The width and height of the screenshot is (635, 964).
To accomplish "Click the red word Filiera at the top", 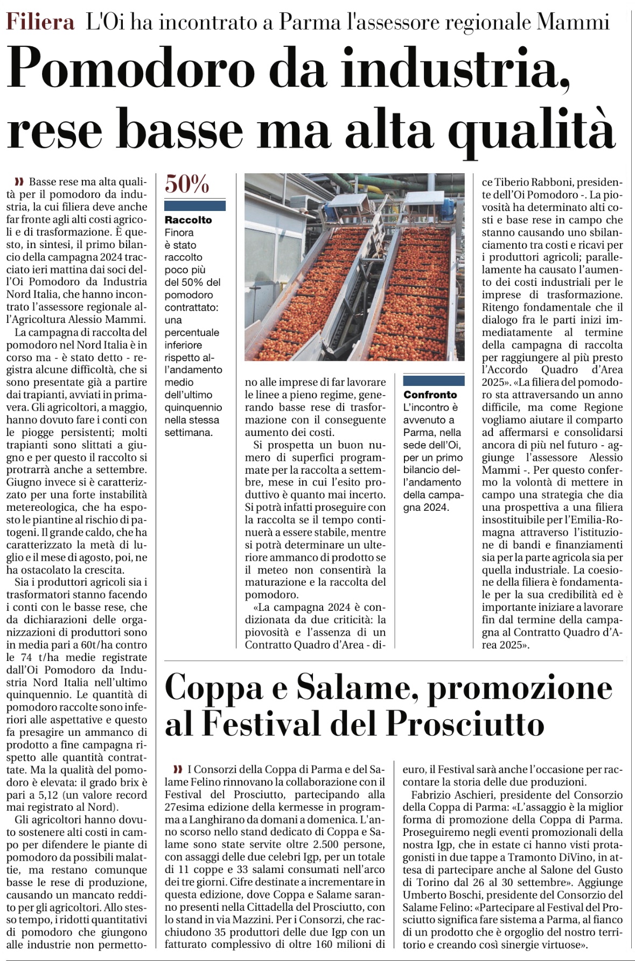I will (x=40, y=22).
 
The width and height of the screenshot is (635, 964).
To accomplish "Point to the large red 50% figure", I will (x=187, y=185).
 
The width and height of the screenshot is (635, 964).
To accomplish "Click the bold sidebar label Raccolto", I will (x=188, y=220).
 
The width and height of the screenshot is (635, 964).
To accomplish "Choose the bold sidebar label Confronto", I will (x=430, y=395).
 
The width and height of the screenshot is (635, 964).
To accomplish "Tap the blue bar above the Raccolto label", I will (x=195, y=206).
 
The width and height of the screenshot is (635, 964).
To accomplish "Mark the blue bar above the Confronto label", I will (x=434, y=381).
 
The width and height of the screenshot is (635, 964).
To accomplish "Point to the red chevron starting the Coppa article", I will (x=178, y=769).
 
